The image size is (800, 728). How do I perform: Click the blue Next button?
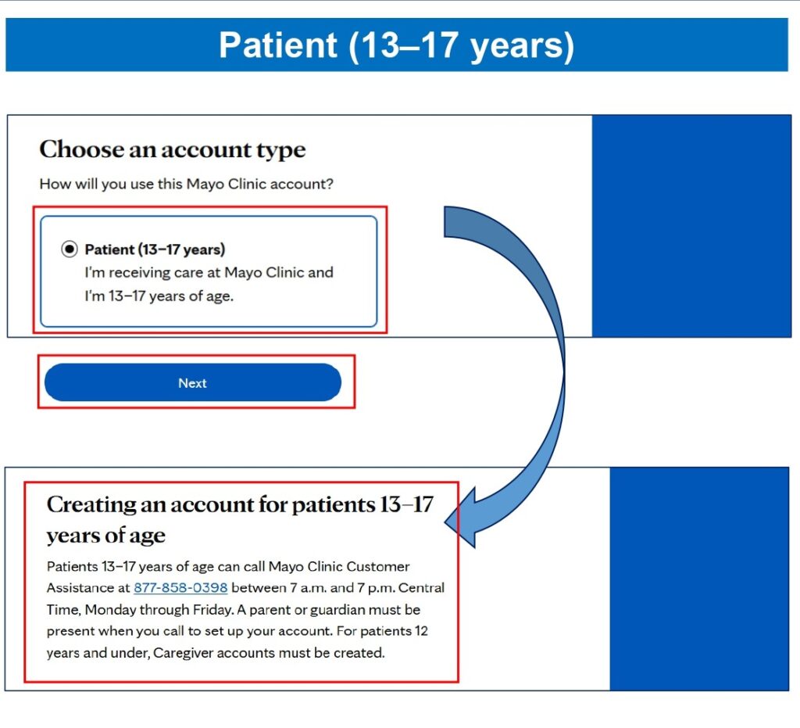point(193,382)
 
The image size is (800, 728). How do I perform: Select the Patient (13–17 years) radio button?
point(70,249)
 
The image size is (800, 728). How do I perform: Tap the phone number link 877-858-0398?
point(180,587)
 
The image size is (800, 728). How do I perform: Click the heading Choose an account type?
point(173,149)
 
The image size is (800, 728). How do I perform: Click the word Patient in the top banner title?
point(278,45)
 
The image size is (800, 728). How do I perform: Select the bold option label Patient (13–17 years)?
point(155,249)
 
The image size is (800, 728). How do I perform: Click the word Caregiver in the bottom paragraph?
point(183,653)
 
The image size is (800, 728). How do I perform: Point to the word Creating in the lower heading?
point(91,505)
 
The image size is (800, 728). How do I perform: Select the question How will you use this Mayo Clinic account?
point(186,184)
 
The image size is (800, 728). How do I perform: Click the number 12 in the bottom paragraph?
point(421,631)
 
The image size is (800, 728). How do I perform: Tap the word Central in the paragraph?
point(421,587)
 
